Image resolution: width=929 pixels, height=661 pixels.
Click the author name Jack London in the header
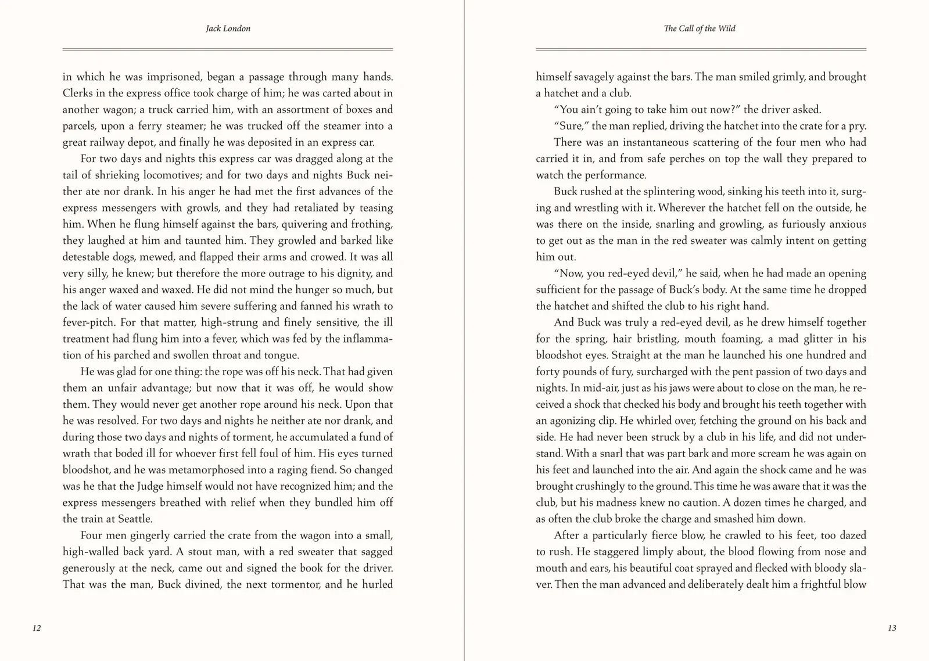pos(228,28)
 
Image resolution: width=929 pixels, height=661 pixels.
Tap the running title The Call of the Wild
pos(700,28)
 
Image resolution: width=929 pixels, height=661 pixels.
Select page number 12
pos(37,628)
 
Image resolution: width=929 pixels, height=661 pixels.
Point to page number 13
pos(892,628)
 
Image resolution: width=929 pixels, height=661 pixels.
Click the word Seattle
pos(135,519)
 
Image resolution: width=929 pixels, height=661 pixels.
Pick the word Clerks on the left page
pos(78,93)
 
